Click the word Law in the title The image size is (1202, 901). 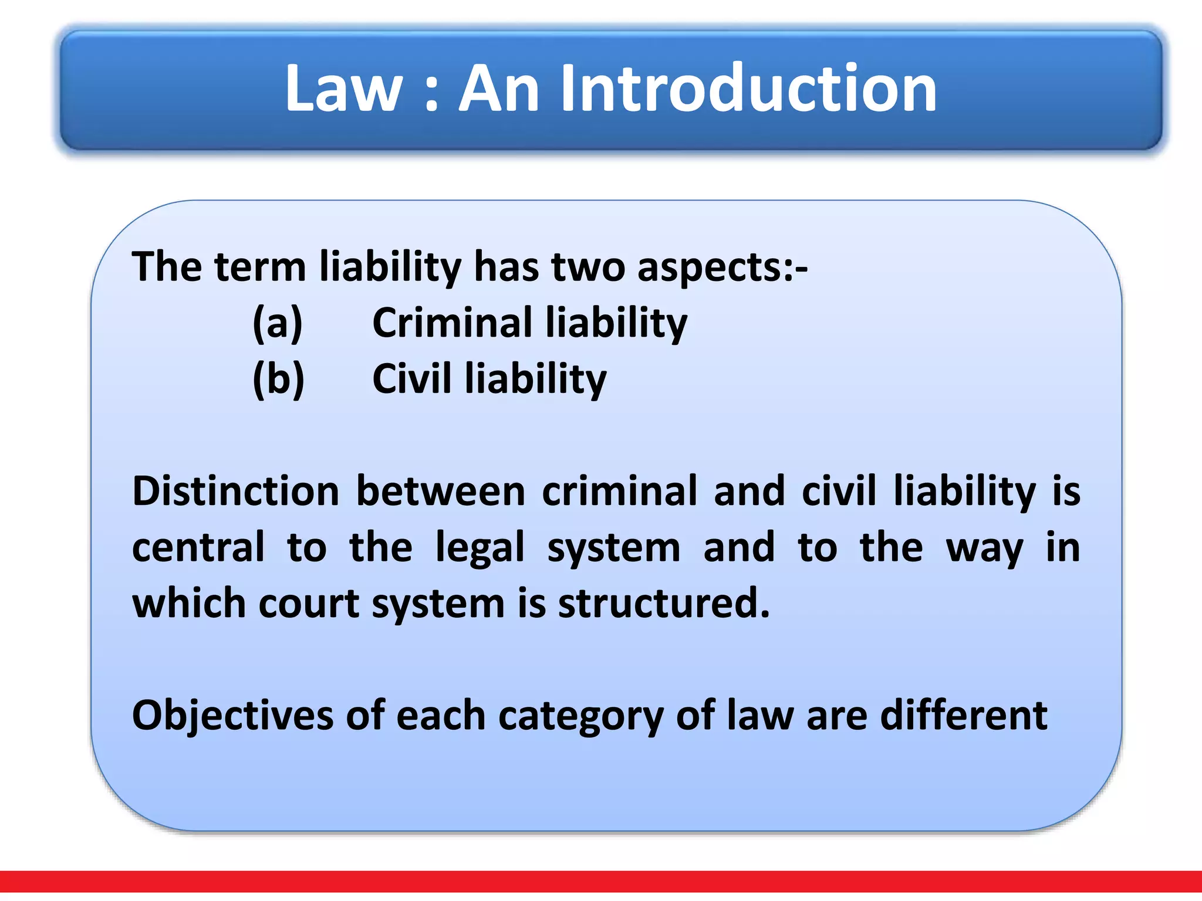click(x=343, y=89)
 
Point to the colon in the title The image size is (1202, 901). click(x=431, y=94)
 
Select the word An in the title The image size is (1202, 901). click(x=499, y=89)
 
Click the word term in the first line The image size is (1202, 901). click(x=260, y=267)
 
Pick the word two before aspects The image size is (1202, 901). click(x=588, y=267)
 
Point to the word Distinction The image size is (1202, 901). click(x=235, y=491)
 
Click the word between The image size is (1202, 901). click(x=441, y=491)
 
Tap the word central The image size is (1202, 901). click(x=198, y=547)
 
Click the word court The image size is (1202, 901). click(x=309, y=604)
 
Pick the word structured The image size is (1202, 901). click(x=663, y=604)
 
